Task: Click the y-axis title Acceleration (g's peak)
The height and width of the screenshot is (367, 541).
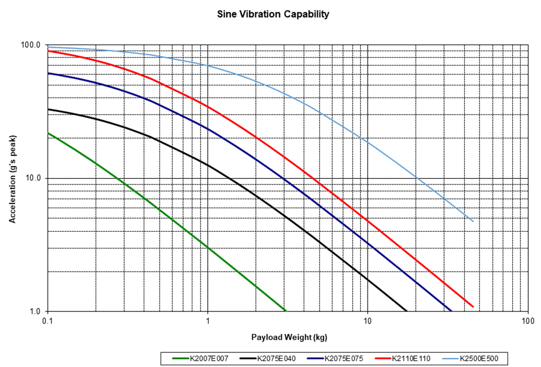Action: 14,178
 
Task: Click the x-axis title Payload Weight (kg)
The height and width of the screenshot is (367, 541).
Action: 289,337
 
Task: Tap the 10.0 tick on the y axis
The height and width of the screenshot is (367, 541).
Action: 34,178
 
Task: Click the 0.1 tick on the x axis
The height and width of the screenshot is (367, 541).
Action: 47,320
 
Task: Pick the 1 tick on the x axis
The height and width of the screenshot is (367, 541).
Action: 207,320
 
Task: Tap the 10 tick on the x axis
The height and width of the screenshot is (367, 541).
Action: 368,320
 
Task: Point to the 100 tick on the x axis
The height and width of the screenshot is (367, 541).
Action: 528,320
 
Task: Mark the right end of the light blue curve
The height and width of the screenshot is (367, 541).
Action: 474,221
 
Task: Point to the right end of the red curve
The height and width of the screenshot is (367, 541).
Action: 474,306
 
